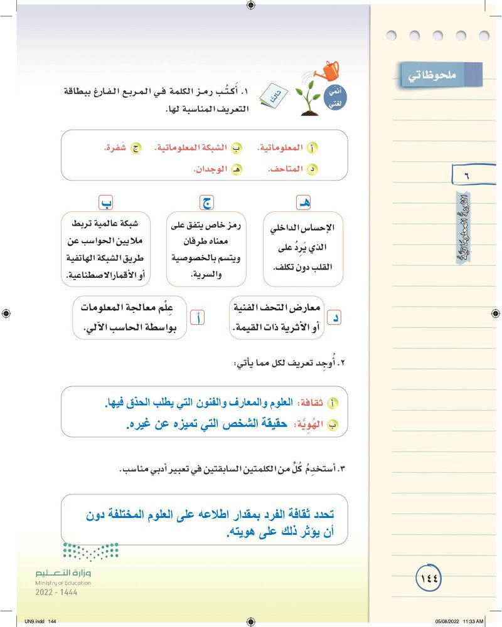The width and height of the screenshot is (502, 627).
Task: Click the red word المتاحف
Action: [284, 169]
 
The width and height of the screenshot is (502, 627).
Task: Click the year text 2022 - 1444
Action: [56, 592]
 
